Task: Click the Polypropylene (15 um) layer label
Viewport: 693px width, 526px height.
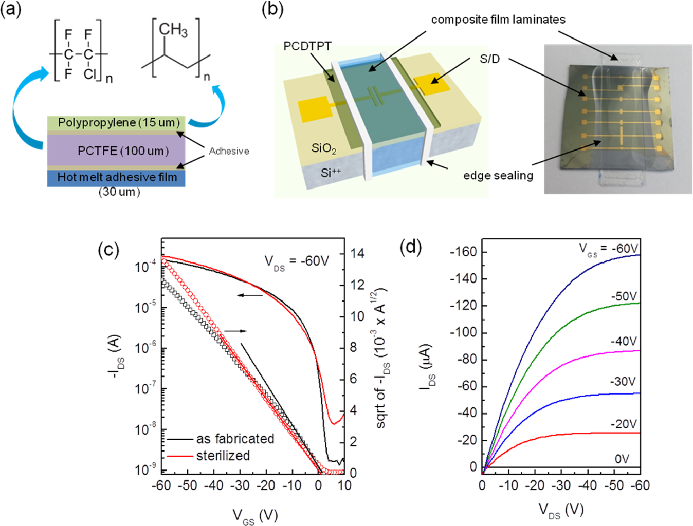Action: point(119,123)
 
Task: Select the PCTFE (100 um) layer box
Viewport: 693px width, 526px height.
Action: point(116,151)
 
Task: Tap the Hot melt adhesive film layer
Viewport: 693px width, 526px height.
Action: point(117,178)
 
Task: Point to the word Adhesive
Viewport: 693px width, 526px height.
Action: point(229,151)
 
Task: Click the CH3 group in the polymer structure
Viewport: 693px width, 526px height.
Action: point(173,30)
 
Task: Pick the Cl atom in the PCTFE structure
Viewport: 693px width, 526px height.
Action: point(89,74)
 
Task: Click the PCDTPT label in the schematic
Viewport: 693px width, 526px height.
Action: point(307,47)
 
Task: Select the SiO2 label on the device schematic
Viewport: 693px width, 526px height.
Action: point(323,149)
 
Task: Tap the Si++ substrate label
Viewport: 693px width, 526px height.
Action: point(331,173)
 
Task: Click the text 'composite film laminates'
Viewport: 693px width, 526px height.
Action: point(498,20)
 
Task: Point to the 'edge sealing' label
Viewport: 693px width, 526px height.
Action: point(498,176)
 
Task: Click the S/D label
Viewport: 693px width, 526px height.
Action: point(489,59)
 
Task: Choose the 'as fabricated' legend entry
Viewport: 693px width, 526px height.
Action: point(235,439)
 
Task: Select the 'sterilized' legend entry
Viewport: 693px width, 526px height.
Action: point(223,456)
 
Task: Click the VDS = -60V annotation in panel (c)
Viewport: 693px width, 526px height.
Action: point(297,261)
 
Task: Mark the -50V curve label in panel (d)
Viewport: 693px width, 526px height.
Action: point(624,297)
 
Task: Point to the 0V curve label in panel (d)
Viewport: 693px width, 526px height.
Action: point(622,459)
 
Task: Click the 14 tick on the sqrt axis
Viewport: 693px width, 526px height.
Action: point(357,253)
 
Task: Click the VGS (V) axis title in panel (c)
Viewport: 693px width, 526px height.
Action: point(254,515)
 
